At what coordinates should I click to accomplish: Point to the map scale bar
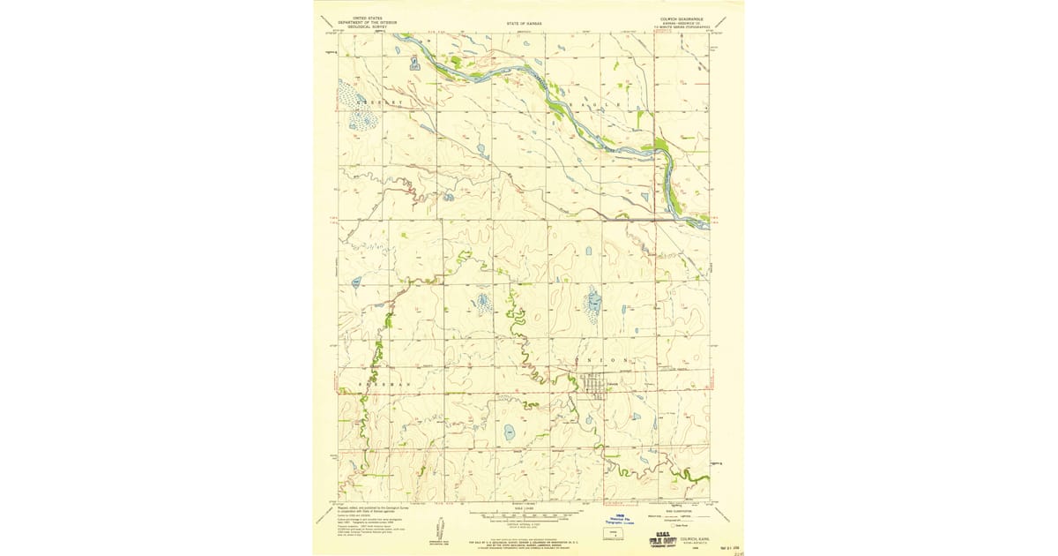(x=525, y=513)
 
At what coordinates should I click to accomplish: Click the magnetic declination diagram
(x=438, y=531)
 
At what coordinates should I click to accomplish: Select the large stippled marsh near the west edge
(x=360, y=109)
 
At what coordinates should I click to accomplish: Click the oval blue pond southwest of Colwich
(x=509, y=432)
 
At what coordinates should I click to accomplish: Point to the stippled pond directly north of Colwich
(x=593, y=304)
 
